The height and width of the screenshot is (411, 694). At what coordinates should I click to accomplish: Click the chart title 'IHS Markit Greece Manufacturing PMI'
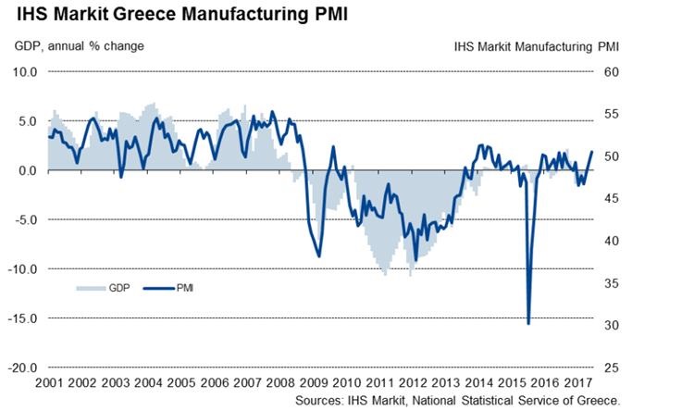pyautogui.click(x=176, y=16)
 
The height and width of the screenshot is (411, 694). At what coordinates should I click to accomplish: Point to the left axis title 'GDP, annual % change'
pyautogui.click(x=79, y=45)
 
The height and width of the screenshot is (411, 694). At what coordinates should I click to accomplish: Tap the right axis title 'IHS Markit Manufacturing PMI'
pyautogui.click(x=537, y=45)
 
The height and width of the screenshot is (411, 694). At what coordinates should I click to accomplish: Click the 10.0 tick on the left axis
pyautogui.click(x=26, y=72)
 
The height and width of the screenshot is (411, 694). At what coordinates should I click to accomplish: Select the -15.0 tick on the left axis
pyautogui.click(x=24, y=318)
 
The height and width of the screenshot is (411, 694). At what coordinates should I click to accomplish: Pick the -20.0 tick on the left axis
pyautogui.click(x=24, y=367)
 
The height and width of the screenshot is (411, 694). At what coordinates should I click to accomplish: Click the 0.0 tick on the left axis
pyautogui.click(x=28, y=170)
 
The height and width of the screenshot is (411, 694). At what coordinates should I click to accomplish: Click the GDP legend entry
pyautogui.click(x=109, y=288)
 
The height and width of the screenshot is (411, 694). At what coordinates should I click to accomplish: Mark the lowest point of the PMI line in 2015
pyautogui.click(x=528, y=323)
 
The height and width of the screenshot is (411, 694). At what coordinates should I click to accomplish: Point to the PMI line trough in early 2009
pyautogui.click(x=319, y=256)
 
